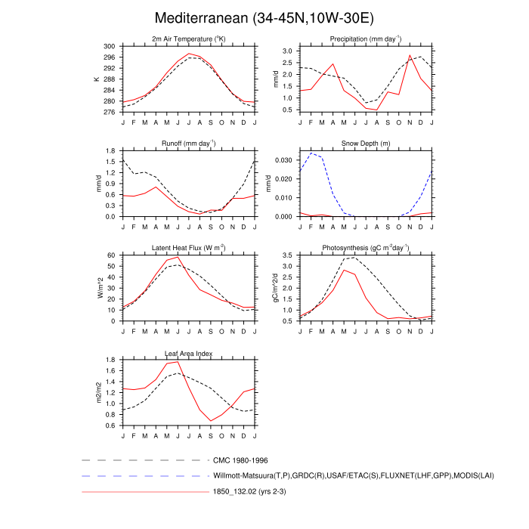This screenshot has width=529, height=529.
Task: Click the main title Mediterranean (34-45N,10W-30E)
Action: tap(264, 17)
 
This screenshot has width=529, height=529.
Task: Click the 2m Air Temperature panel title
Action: tap(188, 39)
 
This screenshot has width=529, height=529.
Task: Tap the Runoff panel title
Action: tap(188, 143)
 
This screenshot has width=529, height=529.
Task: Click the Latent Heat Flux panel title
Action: tap(188, 247)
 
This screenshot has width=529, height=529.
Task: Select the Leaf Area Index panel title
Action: tap(188, 352)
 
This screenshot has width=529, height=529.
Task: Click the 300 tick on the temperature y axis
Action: tap(110, 47)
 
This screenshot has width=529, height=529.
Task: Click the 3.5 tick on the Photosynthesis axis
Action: tap(287, 255)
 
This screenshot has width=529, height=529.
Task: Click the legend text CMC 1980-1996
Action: tap(241, 459)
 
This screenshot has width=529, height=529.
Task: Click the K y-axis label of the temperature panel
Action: tap(96, 79)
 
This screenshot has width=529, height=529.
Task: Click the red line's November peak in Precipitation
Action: tap(410, 55)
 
